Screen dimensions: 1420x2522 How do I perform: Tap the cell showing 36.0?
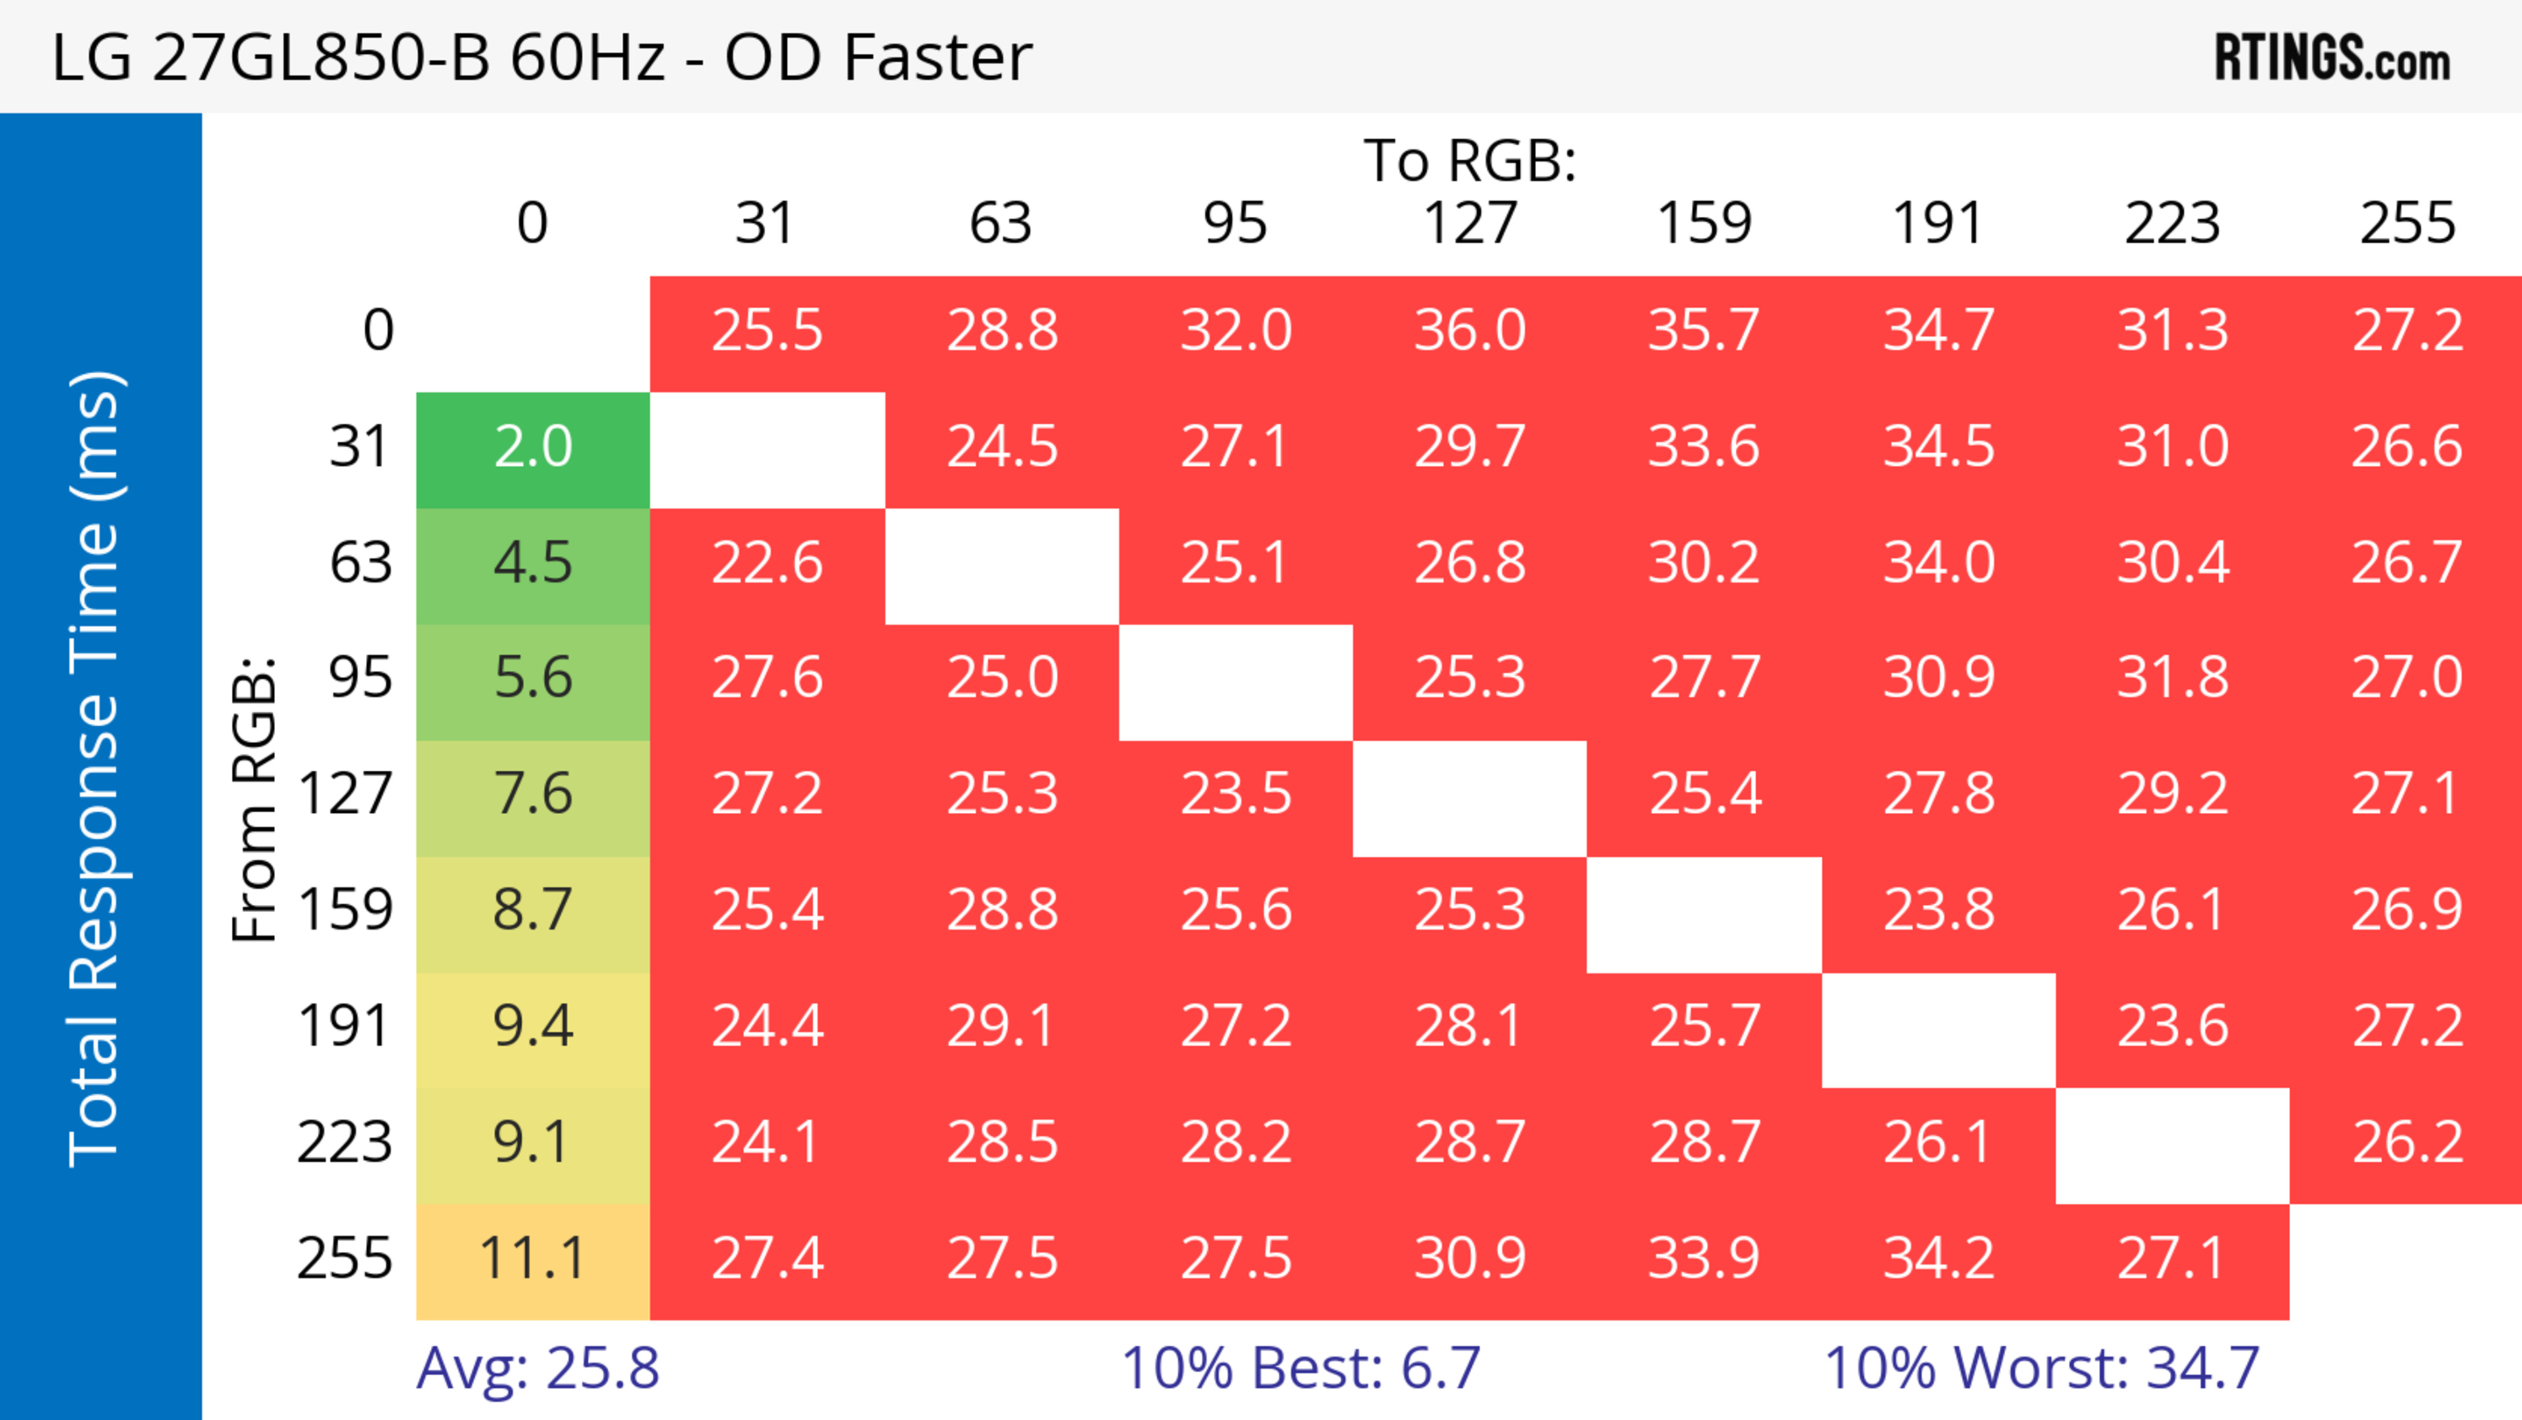(x=1470, y=330)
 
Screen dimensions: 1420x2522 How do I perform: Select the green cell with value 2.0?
(x=533, y=447)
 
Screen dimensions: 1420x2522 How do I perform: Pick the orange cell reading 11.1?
(x=533, y=1258)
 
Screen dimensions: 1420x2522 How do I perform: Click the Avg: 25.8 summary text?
(x=537, y=1367)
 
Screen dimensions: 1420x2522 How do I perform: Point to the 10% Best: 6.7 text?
(x=1300, y=1367)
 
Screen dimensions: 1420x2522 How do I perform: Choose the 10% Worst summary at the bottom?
(x=2041, y=1367)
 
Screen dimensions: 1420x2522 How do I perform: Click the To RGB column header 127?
(x=1470, y=223)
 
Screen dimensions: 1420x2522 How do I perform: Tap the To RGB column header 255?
(x=2408, y=223)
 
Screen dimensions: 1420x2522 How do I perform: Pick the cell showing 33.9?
(x=1704, y=1258)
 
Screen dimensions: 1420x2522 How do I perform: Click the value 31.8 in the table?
(x=2173, y=677)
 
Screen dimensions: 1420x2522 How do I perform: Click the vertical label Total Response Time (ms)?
(x=96, y=769)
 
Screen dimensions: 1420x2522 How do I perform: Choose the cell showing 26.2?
(x=2408, y=1143)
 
